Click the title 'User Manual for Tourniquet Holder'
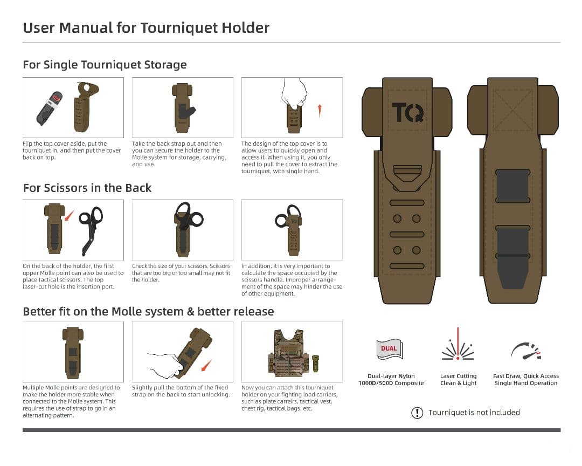(x=146, y=28)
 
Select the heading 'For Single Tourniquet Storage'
(x=105, y=65)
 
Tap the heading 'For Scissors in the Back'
(x=87, y=188)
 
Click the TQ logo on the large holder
(x=407, y=112)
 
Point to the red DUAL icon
(x=389, y=348)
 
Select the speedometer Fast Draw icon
(x=525, y=351)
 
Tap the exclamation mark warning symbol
(x=417, y=413)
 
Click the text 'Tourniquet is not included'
(x=474, y=413)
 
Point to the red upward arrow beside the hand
(x=320, y=111)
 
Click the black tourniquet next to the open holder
(x=50, y=108)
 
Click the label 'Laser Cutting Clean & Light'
(x=458, y=380)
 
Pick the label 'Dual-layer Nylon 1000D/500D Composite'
(x=391, y=380)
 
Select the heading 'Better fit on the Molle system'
(x=148, y=312)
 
